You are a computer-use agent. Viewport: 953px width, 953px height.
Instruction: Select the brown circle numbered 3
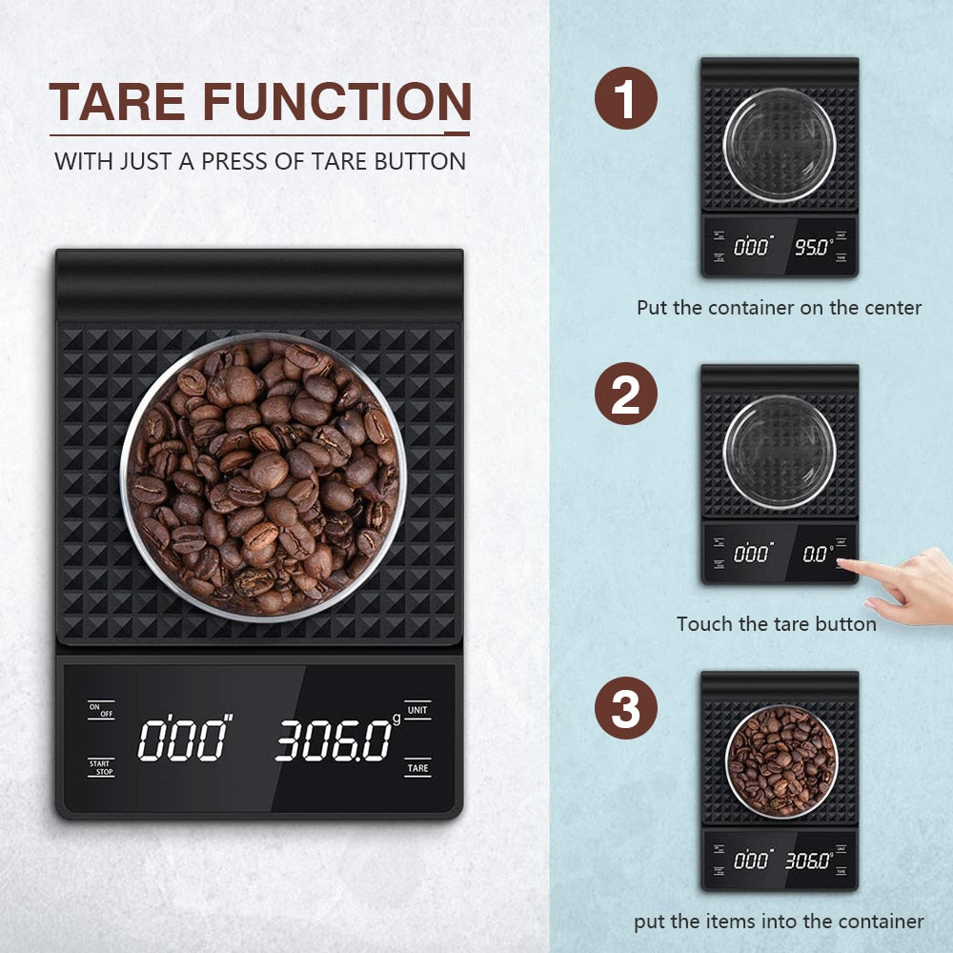click(626, 710)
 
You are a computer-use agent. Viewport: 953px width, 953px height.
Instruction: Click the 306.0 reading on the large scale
click(334, 740)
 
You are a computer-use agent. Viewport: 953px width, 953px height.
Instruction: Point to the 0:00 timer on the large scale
click(185, 740)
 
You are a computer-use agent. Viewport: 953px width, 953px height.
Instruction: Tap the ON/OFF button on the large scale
click(101, 710)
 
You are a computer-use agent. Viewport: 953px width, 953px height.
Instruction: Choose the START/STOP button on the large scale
click(101, 767)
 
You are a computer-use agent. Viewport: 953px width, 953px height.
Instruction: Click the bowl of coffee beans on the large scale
click(263, 476)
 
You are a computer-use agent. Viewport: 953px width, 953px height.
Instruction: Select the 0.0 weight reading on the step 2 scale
click(817, 554)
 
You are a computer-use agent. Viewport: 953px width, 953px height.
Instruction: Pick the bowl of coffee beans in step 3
click(781, 760)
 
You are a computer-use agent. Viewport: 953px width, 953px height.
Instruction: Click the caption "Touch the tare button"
click(776, 624)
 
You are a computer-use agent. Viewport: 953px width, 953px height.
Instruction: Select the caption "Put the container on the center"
click(780, 308)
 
